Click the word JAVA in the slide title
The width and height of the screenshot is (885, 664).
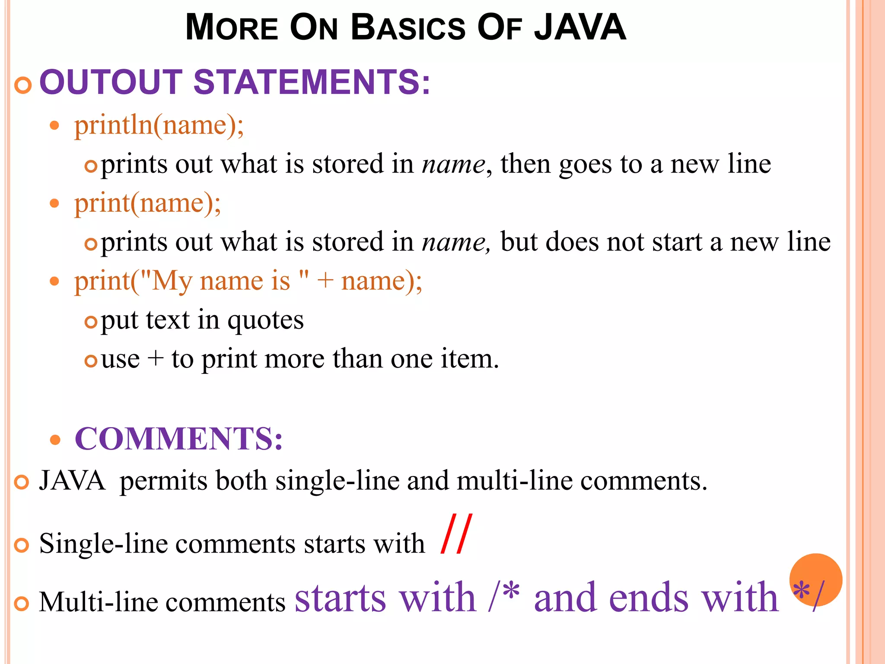tap(580, 28)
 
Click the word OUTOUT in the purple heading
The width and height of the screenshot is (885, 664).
tap(111, 82)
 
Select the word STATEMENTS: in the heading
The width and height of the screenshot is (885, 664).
tap(312, 82)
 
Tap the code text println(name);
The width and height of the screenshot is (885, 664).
tap(159, 126)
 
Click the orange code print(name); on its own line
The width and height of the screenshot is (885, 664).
tap(147, 204)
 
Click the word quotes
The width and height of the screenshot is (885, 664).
tap(265, 321)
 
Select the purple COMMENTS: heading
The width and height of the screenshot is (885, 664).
tap(178, 439)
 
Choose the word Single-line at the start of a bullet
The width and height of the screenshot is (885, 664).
tap(103, 544)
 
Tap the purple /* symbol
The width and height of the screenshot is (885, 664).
tap(504, 597)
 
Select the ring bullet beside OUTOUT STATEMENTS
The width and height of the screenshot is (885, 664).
tap(23, 85)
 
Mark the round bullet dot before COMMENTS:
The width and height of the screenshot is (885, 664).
tap(55, 440)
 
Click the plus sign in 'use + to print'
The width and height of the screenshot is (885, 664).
tap(155, 359)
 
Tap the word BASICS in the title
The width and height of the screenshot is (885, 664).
tap(408, 28)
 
